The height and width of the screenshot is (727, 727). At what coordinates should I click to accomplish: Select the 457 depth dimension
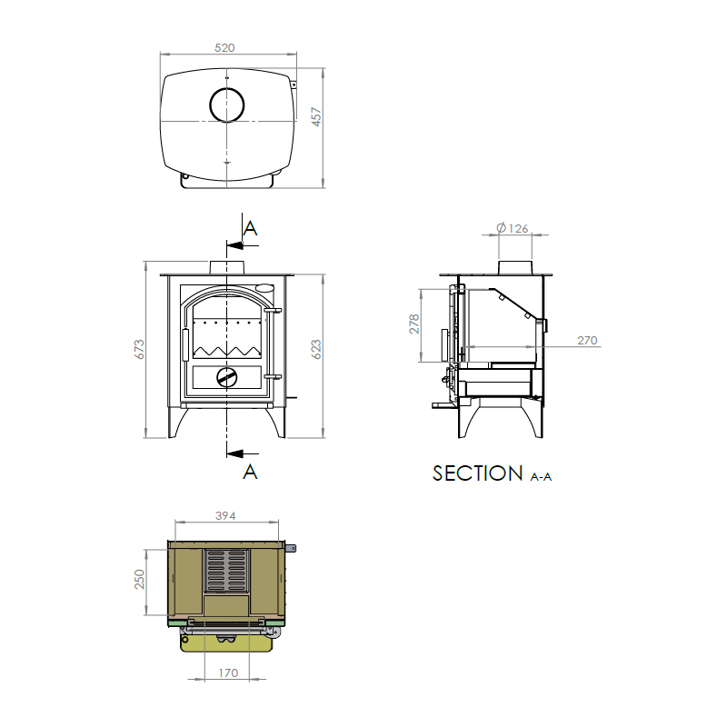[317, 118]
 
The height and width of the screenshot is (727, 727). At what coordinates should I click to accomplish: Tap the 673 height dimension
[139, 350]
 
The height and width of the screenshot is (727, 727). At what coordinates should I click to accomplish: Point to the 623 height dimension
[316, 350]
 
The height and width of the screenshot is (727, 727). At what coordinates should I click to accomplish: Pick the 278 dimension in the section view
[414, 324]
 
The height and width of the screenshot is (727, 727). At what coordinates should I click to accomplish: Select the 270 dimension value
[587, 341]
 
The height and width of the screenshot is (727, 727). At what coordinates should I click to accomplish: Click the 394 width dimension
[224, 516]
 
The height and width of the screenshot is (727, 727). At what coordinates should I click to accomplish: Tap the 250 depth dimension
[140, 579]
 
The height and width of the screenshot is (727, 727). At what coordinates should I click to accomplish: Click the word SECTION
[478, 473]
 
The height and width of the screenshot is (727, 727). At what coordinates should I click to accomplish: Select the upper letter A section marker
[251, 229]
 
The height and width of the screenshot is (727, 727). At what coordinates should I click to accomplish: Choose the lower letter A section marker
[251, 471]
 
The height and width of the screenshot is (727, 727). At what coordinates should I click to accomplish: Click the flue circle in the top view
[227, 105]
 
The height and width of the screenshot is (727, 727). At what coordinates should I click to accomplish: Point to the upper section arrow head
[234, 245]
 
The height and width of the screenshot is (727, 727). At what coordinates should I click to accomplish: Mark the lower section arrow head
[234, 452]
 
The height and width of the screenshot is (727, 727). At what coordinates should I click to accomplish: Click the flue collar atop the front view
[227, 267]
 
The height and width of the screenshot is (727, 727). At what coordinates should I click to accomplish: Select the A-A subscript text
[541, 477]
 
